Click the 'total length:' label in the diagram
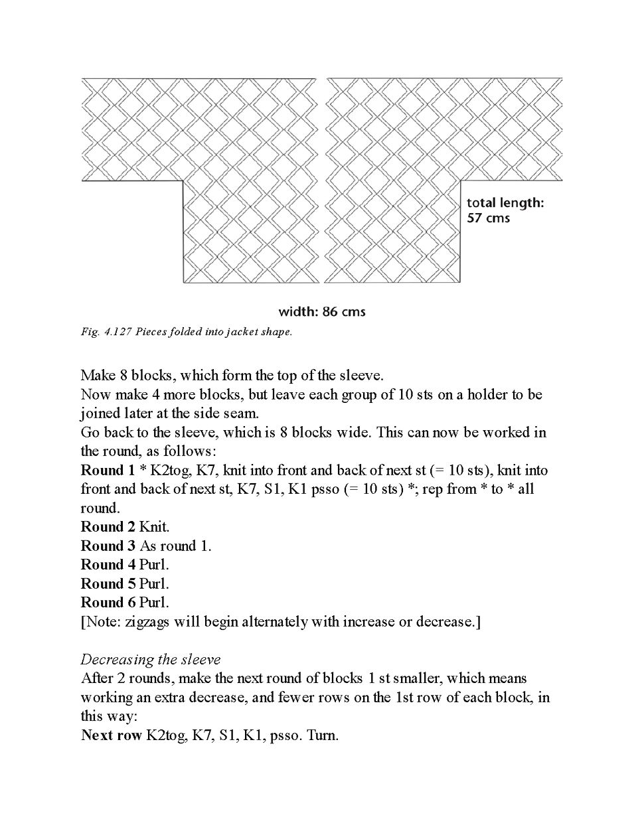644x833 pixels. pos(505,202)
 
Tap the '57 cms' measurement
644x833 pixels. pos(488,218)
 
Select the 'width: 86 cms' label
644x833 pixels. pos(321,311)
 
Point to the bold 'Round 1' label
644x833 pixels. pos(107,471)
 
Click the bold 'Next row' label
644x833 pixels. pos(111,735)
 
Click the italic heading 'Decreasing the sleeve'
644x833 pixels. pos(150,659)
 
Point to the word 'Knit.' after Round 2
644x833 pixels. pos(154,527)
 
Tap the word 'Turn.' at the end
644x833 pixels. pos(323,735)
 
